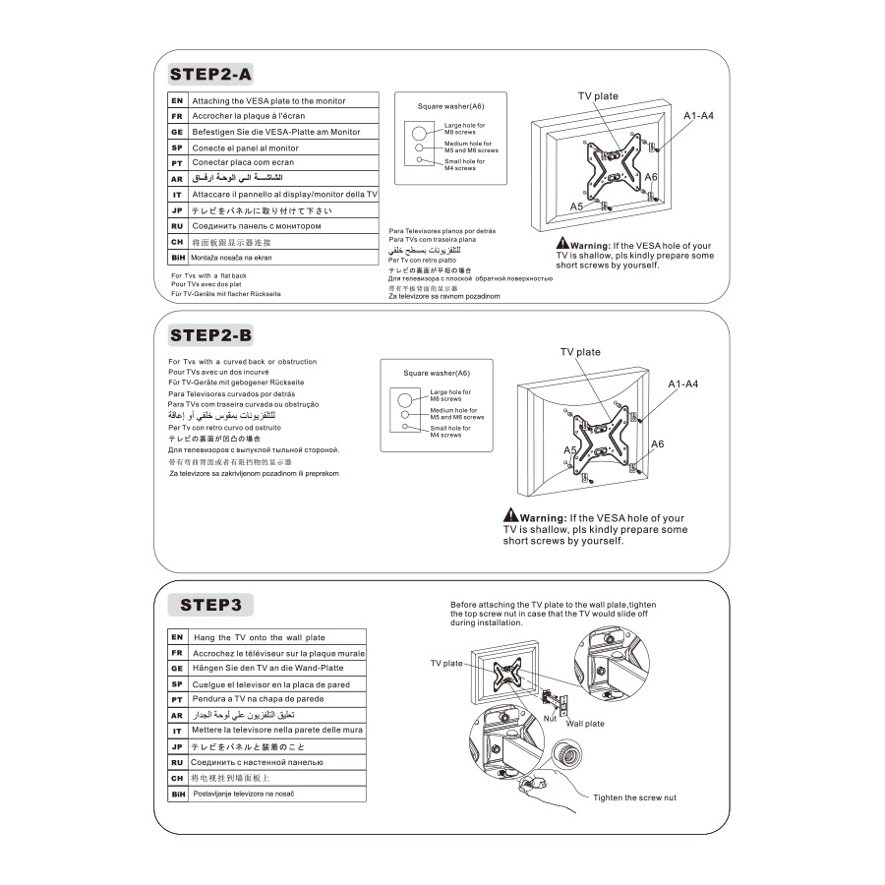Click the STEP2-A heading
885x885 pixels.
tap(210, 74)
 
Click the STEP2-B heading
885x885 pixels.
tap(210, 335)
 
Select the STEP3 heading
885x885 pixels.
tap(210, 604)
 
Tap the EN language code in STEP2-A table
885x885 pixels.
tap(177, 100)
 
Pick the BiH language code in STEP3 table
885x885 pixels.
tap(178, 794)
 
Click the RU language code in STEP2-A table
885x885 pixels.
tap(177, 226)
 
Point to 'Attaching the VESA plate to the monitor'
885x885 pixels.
tap(268, 100)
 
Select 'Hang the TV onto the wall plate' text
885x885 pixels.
tap(259, 637)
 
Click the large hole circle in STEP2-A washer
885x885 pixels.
tap(419, 132)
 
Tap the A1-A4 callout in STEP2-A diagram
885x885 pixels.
tap(698, 116)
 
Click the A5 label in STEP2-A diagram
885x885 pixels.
tap(576, 206)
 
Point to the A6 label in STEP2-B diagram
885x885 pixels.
tap(658, 443)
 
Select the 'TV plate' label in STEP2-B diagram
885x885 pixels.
tap(580, 352)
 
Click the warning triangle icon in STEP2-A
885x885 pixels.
tap(562, 244)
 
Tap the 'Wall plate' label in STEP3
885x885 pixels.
tap(585, 724)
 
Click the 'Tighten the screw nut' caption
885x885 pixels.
tap(634, 797)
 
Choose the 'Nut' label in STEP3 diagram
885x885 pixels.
tap(550, 718)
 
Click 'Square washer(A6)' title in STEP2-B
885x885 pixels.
tap(437, 373)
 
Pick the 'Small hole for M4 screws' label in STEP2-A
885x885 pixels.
tap(464, 164)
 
